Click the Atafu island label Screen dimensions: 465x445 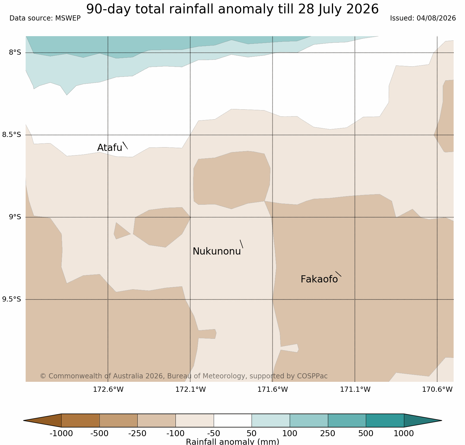pyautogui.click(x=110, y=148)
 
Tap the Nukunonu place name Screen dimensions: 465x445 pyautogui.click(x=217, y=251)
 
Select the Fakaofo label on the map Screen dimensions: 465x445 pyautogui.click(x=319, y=279)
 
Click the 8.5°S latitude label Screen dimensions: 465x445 pyautogui.click(x=12, y=135)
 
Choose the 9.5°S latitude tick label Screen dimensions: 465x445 pyautogui.click(x=12, y=299)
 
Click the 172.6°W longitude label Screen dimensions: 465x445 pyautogui.click(x=108, y=389)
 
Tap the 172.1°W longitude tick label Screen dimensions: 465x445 pyautogui.click(x=191, y=389)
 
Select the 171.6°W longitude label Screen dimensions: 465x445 pyautogui.click(x=273, y=389)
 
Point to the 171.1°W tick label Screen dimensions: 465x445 pyautogui.click(x=355, y=389)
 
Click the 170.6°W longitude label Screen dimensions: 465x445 pyautogui.click(x=437, y=389)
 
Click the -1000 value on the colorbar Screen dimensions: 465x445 pyautogui.click(x=61, y=434)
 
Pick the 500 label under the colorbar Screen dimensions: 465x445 pyautogui.click(x=366, y=434)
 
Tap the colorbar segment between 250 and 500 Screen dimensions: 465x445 pyautogui.click(x=347, y=421)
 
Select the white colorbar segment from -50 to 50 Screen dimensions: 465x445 pyautogui.click(x=232, y=421)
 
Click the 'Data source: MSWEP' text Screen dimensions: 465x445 pyautogui.click(x=45, y=19)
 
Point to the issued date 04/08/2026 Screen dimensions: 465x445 pyautogui.click(x=436, y=19)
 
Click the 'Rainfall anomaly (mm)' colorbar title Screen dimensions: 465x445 pyautogui.click(x=232, y=442)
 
